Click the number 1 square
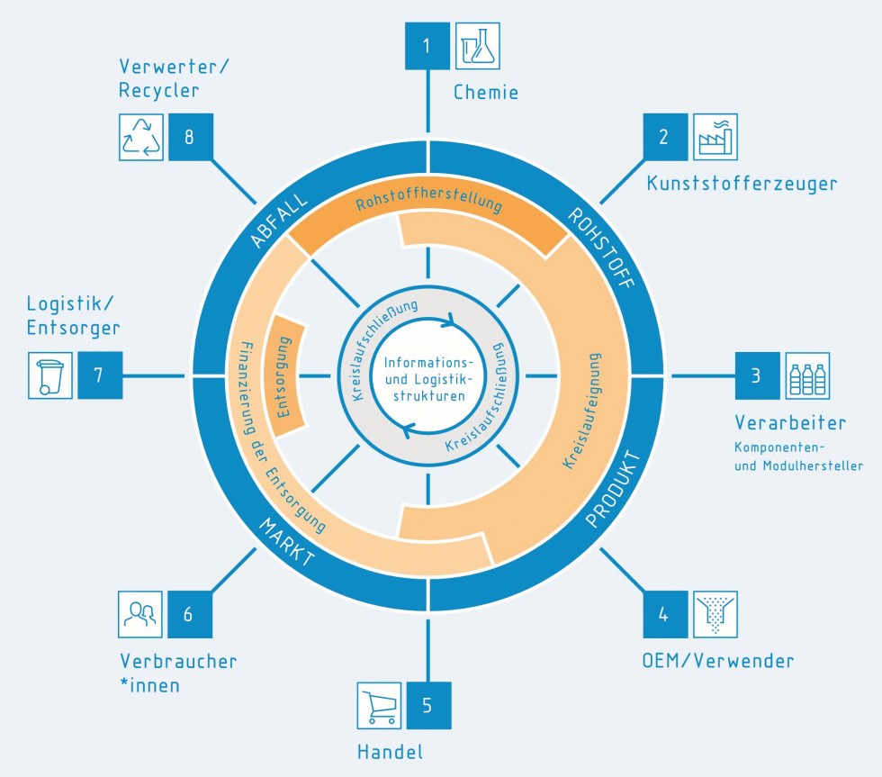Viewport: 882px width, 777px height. (x=427, y=45)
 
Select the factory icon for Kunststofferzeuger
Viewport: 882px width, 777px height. (x=715, y=136)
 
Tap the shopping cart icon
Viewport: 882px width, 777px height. (x=378, y=705)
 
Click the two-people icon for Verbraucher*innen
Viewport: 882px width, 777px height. (x=140, y=615)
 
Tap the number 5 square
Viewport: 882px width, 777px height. (x=427, y=705)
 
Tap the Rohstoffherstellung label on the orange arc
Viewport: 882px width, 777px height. (x=428, y=202)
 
